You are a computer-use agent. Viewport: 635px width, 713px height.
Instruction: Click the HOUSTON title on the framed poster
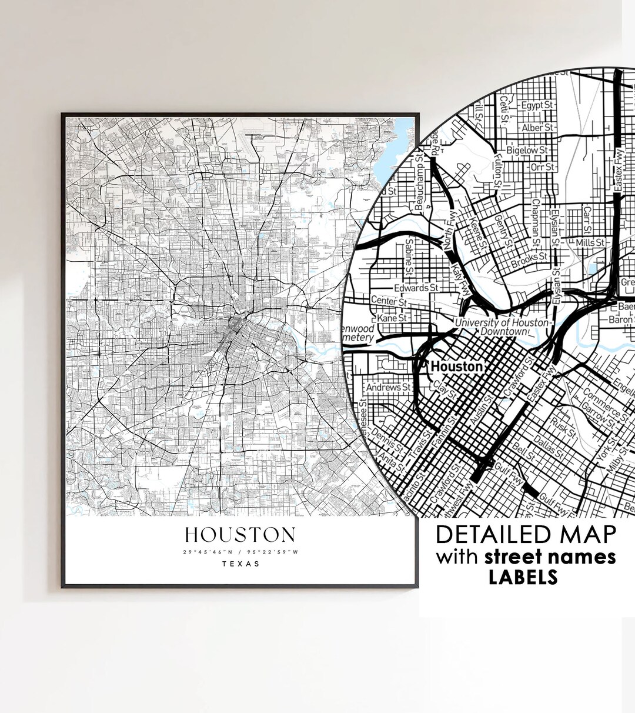click(240, 535)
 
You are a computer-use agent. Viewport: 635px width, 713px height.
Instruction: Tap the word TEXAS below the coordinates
click(240, 564)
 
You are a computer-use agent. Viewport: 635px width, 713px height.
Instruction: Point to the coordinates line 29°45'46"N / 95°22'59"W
click(240, 552)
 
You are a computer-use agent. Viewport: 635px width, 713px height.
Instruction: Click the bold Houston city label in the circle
click(457, 367)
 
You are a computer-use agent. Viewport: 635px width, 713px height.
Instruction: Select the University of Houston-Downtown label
click(503, 327)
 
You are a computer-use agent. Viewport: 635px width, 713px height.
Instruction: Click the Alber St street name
click(537, 127)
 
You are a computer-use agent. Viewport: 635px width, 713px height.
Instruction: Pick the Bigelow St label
click(530, 150)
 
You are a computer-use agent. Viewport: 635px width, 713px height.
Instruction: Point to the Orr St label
click(542, 167)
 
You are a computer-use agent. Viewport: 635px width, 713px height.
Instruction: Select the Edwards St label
click(416, 288)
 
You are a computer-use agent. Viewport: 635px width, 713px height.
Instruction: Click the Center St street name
click(389, 301)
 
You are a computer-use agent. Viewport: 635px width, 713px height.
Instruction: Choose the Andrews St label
click(389, 387)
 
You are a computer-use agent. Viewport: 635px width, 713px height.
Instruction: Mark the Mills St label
click(590, 242)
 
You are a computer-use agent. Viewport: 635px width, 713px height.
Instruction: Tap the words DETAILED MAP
click(526, 535)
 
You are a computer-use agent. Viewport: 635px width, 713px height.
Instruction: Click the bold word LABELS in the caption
click(523, 577)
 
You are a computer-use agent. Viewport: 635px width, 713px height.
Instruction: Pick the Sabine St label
click(409, 259)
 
